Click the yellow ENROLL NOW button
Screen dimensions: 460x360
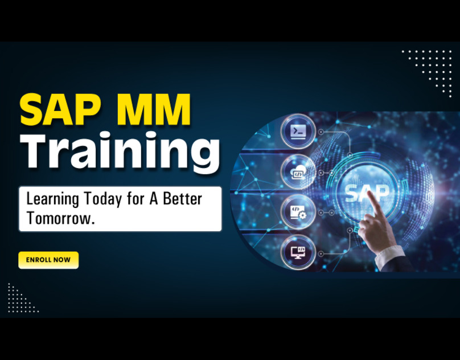tap(48, 260)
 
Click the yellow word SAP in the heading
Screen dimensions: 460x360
tap(58, 110)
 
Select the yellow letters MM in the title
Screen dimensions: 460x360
tap(153, 110)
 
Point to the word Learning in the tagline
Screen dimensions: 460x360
tap(53, 200)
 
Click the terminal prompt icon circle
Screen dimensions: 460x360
tap(298, 131)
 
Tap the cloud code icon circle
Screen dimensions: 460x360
tap(298, 172)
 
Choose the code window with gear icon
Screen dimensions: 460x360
tap(298, 212)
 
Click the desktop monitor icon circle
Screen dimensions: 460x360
tap(298, 252)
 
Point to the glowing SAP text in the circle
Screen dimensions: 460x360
tap(367, 193)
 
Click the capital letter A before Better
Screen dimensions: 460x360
tap(154, 198)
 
